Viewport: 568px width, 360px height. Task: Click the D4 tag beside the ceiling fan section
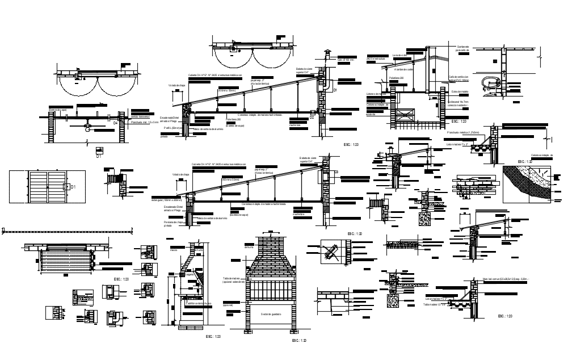[116, 122]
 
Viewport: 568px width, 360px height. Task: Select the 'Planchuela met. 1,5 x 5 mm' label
[145, 122]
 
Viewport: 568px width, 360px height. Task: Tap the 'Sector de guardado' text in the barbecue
[271, 313]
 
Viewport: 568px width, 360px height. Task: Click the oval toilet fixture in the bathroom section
[488, 82]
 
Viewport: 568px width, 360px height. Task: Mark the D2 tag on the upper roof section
[312, 118]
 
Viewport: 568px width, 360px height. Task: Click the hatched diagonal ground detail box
[531, 183]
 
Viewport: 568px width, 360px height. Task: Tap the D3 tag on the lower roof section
[336, 172]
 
